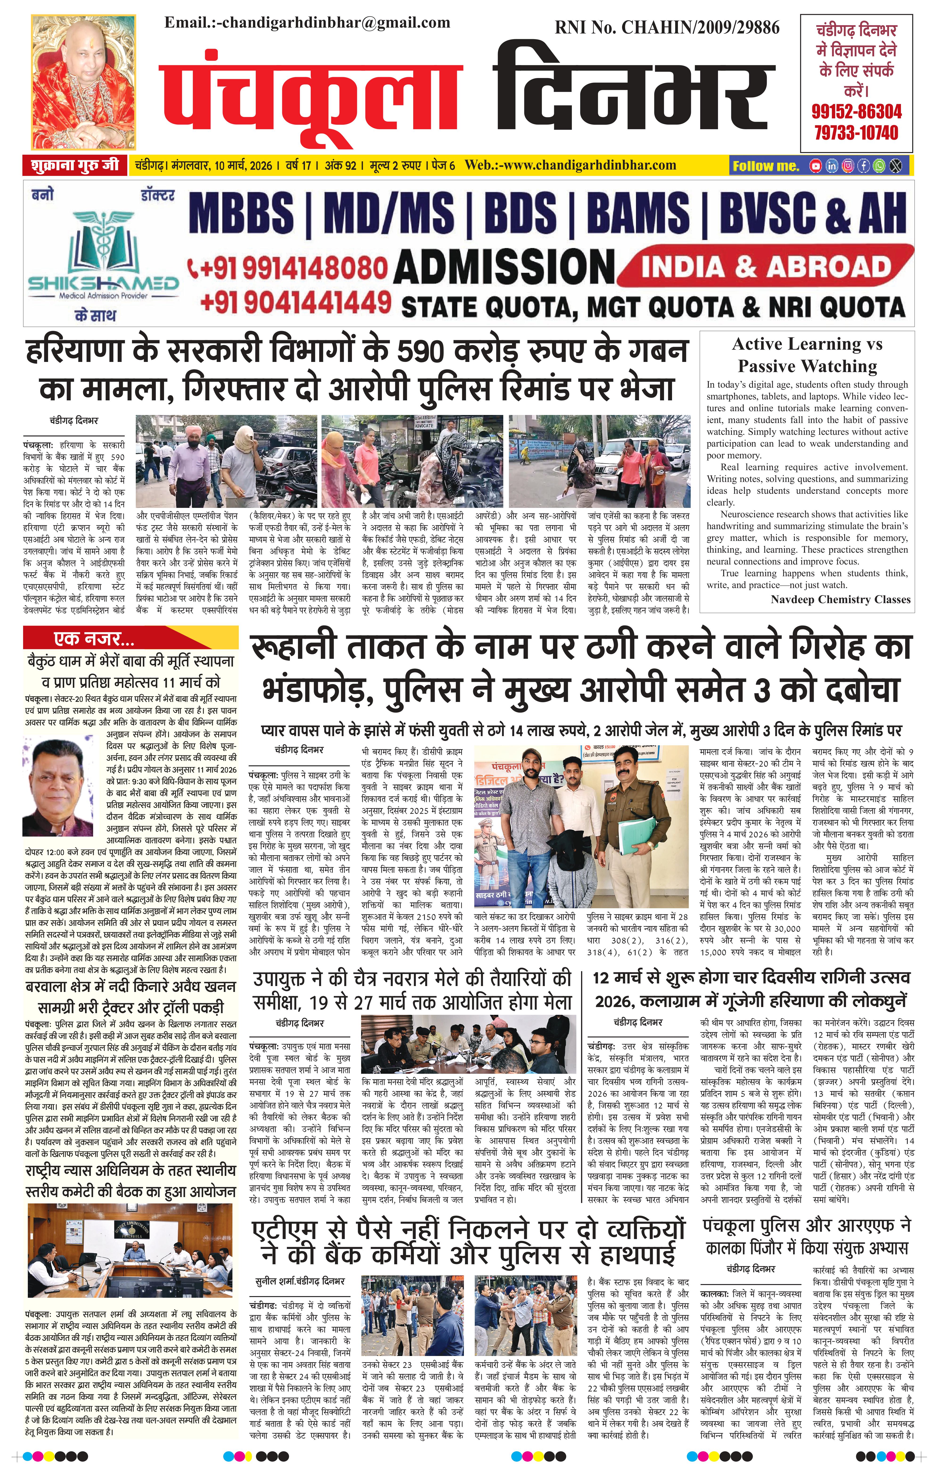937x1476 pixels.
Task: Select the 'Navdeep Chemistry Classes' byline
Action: (x=840, y=599)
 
